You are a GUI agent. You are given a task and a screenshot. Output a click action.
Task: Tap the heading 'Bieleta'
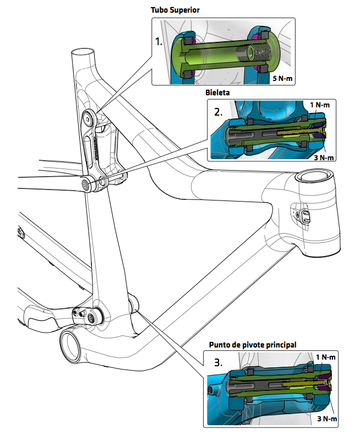[x=218, y=93]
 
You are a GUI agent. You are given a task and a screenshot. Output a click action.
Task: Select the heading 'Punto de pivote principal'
[x=253, y=345]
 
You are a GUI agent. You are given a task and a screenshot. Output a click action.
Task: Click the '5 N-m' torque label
[x=283, y=79]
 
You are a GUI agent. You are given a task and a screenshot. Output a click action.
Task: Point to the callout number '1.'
[x=159, y=42]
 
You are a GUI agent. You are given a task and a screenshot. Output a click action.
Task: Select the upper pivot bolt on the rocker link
[x=89, y=117]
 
